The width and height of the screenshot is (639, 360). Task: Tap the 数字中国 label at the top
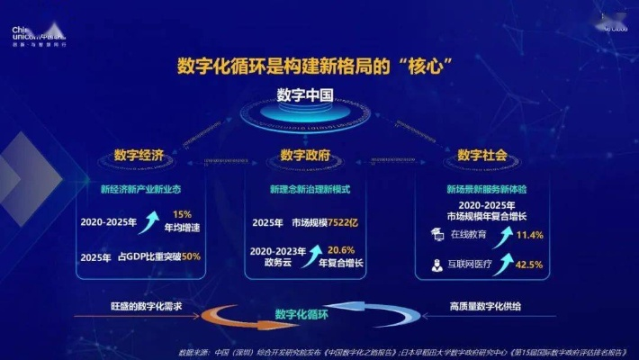(305, 96)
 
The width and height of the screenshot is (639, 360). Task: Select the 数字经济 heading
(139, 156)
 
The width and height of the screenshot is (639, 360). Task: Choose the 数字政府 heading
(305, 156)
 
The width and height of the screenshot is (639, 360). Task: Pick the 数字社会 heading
(482, 156)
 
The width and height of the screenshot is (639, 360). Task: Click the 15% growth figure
(183, 213)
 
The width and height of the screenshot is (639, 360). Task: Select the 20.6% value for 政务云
(340, 250)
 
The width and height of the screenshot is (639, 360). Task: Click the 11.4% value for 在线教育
(529, 235)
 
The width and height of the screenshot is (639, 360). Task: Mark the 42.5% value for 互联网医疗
(529, 265)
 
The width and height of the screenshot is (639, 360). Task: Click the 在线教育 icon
(435, 234)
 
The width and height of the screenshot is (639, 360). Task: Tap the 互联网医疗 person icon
(435, 265)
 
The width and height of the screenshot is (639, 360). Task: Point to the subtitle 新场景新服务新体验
(486, 190)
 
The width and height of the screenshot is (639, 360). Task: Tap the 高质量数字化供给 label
(484, 307)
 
